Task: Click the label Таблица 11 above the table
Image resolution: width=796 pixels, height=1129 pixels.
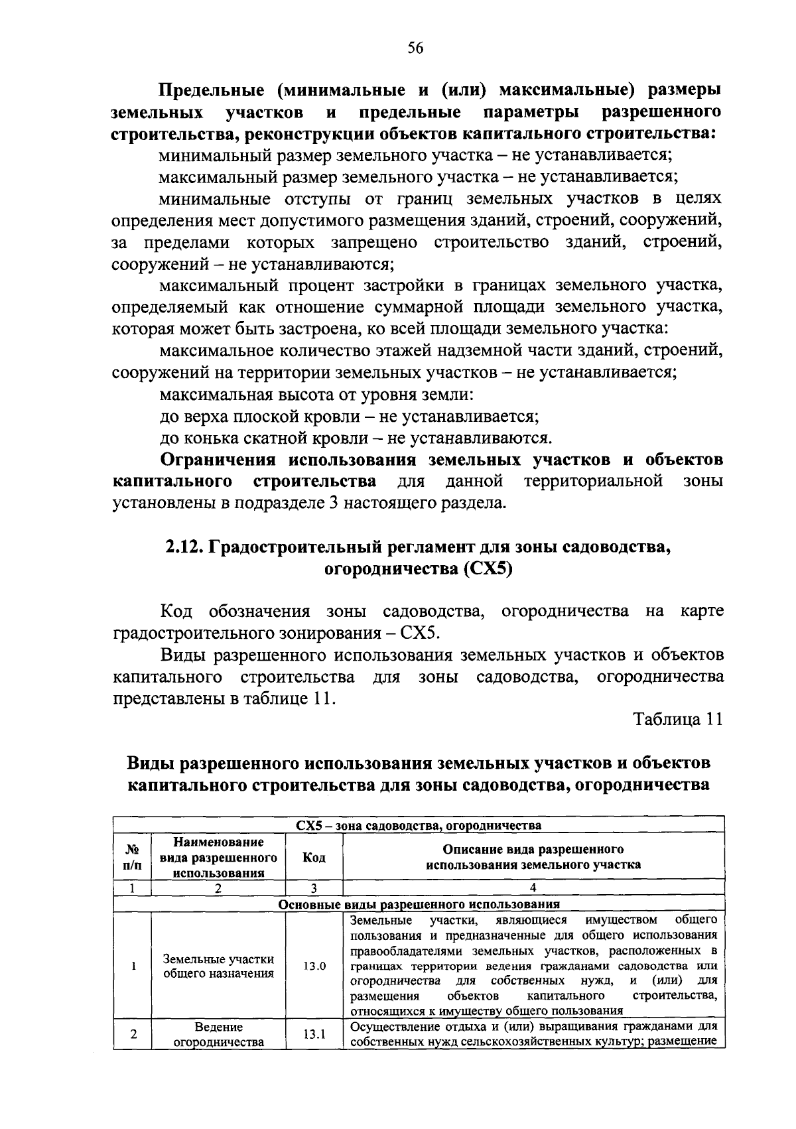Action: [x=677, y=720]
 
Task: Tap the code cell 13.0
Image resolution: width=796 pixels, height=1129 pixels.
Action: [x=314, y=966]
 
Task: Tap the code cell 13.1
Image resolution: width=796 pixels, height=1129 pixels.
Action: [x=314, y=1034]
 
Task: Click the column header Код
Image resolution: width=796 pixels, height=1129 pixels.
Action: [x=314, y=857]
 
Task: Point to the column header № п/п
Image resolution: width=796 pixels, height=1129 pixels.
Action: [x=133, y=857]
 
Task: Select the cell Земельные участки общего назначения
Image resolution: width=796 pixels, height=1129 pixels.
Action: [x=218, y=966]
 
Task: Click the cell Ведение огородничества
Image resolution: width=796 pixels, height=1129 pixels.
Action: [x=218, y=1034]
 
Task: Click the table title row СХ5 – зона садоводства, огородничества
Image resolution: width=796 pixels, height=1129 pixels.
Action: [x=419, y=825]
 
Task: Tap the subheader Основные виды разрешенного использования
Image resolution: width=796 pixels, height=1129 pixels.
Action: [x=419, y=904]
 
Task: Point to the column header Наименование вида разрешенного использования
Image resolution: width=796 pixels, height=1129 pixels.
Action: [x=218, y=857]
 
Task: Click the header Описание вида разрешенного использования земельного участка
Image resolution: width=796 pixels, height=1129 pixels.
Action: [x=533, y=857]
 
